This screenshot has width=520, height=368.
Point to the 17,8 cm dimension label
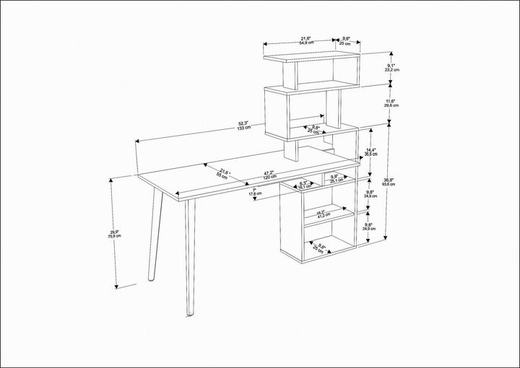point(255,193)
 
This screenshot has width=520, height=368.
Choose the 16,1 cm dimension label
point(305,185)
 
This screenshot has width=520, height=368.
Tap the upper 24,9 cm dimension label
point(370,194)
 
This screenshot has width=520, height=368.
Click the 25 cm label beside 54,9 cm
point(346,41)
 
